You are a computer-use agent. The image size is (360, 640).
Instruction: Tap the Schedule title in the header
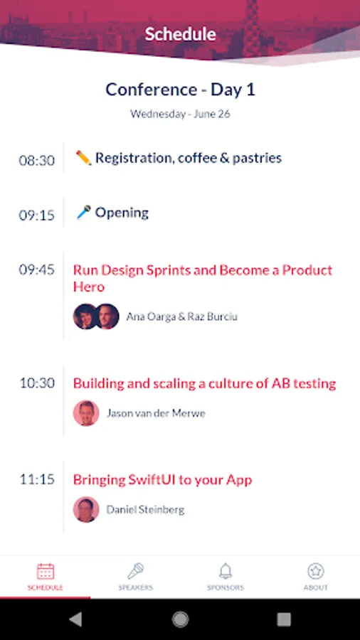[x=180, y=34]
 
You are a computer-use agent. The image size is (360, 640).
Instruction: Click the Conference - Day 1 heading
[x=180, y=90]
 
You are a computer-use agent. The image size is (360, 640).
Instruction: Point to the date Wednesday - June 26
[x=180, y=114]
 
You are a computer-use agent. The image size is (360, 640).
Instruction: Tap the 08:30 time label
[x=37, y=160]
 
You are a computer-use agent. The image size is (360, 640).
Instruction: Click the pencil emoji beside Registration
[x=84, y=158]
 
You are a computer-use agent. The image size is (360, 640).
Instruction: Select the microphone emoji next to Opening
[x=84, y=212]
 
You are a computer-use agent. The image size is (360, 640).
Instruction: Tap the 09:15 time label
[x=37, y=215]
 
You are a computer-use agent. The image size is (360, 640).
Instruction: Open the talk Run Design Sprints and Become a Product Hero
[x=203, y=278]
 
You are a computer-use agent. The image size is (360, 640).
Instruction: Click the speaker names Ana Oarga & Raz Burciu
[x=181, y=316]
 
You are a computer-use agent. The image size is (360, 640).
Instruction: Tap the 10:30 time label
[x=37, y=383]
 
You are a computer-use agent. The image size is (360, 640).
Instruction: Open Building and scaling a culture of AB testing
[x=204, y=383]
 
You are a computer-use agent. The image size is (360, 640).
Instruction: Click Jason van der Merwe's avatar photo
[x=86, y=413]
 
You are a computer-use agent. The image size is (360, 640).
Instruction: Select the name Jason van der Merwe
[x=156, y=413]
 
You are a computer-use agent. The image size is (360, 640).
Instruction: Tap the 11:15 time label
[x=37, y=479]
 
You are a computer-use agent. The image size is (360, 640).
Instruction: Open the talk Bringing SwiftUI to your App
[x=162, y=480]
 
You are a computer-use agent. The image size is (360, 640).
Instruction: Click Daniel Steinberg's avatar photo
[x=86, y=509]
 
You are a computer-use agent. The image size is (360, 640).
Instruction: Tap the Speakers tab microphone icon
[x=135, y=571]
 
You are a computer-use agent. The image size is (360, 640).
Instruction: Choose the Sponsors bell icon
[x=226, y=571]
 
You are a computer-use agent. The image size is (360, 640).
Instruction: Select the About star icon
[x=315, y=571]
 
